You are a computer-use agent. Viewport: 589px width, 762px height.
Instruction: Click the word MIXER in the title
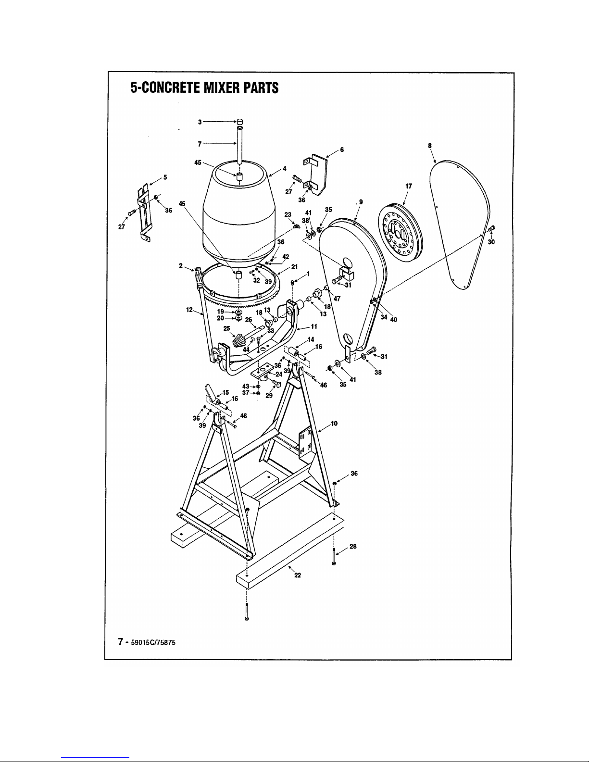[x=222, y=87]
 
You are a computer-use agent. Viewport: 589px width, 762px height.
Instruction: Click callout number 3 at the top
[x=200, y=122]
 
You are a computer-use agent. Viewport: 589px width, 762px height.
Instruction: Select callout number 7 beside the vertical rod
[x=200, y=144]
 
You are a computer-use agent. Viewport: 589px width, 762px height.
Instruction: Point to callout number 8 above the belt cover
[x=430, y=146]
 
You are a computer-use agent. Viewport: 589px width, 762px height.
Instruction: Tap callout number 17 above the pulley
[x=409, y=186]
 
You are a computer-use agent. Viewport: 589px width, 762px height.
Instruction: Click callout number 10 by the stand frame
[x=334, y=424]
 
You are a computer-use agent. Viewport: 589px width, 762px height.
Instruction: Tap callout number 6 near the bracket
[x=342, y=150]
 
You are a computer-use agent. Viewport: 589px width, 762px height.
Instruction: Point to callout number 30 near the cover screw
[x=491, y=242]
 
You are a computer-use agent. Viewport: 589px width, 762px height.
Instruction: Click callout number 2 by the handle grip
[x=181, y=266]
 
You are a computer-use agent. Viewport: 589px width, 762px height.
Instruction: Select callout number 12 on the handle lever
[x=189, y=310]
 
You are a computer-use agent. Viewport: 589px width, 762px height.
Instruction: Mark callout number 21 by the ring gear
[x=294, y=267]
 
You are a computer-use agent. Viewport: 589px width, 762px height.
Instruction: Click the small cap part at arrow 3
[x=240, y=122]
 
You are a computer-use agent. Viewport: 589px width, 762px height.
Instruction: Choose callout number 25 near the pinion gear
[x=227, y=328]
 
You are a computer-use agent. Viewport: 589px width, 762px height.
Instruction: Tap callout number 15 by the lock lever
[x=226, y=392]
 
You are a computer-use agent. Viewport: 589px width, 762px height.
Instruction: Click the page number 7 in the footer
[x=121, y=642]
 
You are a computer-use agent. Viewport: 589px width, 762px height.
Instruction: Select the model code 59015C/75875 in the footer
[x=153, y=643]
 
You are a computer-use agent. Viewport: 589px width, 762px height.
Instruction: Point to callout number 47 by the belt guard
[x=337, y=299]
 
